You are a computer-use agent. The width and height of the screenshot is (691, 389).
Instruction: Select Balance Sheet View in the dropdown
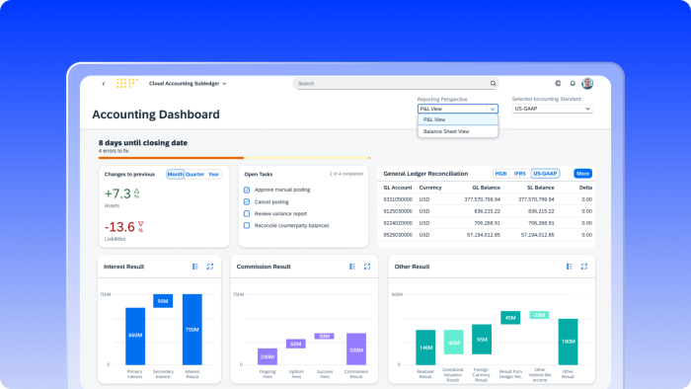click(446, 131)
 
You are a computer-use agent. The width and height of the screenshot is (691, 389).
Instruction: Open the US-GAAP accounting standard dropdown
click(553, 109)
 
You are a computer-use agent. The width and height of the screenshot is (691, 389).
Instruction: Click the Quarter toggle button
click(195, 174)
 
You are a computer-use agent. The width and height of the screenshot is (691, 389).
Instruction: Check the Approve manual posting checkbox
click(246, 189)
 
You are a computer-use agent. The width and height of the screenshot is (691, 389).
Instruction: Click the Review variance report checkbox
click(246, 213)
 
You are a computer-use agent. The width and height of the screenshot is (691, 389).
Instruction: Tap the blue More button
click(582, 173)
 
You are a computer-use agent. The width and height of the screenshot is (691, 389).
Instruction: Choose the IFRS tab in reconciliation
click(520, 173)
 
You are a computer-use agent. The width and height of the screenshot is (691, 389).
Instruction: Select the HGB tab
click(500, 173)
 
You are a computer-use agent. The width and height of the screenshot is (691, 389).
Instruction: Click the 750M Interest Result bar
click(192, 330)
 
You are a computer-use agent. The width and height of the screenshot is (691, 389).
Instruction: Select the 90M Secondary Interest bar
click(163, 301)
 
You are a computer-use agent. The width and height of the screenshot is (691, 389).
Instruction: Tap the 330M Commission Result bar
click(356, 350)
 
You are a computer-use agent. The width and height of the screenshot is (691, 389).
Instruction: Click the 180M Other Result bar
click(568, 342)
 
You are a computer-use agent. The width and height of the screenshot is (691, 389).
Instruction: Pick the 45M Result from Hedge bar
click(510, 318)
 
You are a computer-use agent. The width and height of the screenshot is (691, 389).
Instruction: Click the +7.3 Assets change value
click(117, 194)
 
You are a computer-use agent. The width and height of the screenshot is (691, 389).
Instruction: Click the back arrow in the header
click(103, 84)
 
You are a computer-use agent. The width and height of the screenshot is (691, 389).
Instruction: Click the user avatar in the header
click(587, 84)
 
